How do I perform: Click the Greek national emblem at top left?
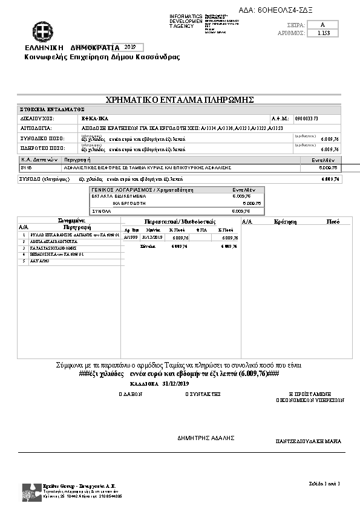(x=42, y=31)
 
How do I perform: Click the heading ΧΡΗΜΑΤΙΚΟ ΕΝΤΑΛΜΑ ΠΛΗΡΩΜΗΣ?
(x=179, y=100)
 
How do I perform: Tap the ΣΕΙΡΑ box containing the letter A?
(x=323, y=24)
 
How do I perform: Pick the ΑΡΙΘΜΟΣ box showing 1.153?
(x=323, y=34)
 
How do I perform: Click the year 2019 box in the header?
(x=129, y=47)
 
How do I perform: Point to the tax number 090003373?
(x=306, y=119)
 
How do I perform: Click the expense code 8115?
(x=26, y=167)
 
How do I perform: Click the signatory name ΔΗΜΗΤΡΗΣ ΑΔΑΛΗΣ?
(x=206, y=438)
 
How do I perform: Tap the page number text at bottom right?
(x=327, y=483)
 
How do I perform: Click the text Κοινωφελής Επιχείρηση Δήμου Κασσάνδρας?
(x=102, y=57)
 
